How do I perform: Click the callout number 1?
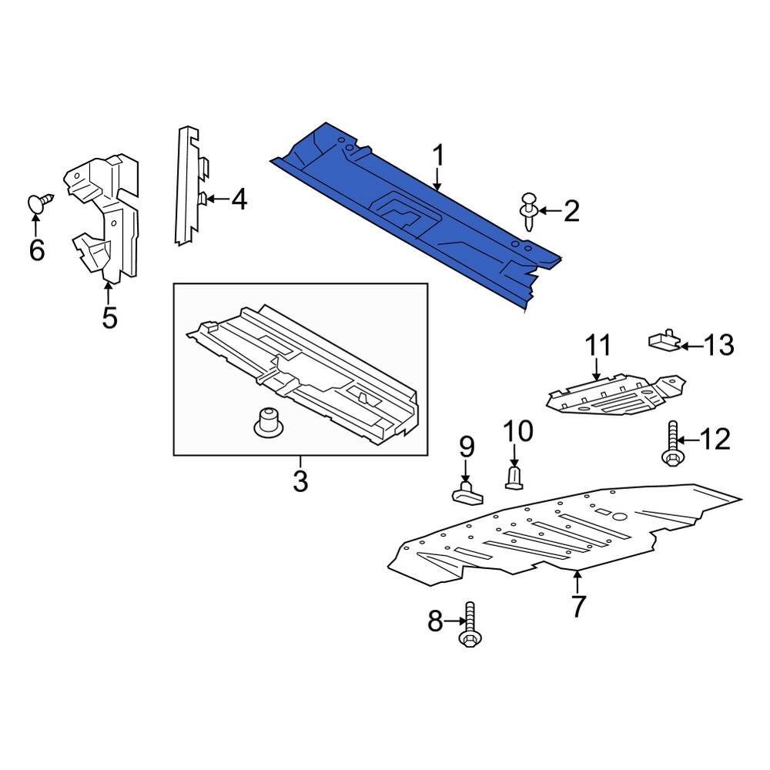(437, 156)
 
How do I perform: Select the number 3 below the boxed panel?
(300, 482)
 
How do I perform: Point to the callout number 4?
(239, 201)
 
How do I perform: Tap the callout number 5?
(109, 316)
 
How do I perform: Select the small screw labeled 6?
(40, 203)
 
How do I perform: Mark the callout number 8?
(435, 621)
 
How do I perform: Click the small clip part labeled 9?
(464, 491)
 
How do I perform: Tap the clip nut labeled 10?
(515, 477)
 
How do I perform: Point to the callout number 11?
(598, 346)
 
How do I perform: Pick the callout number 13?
(719, 346)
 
